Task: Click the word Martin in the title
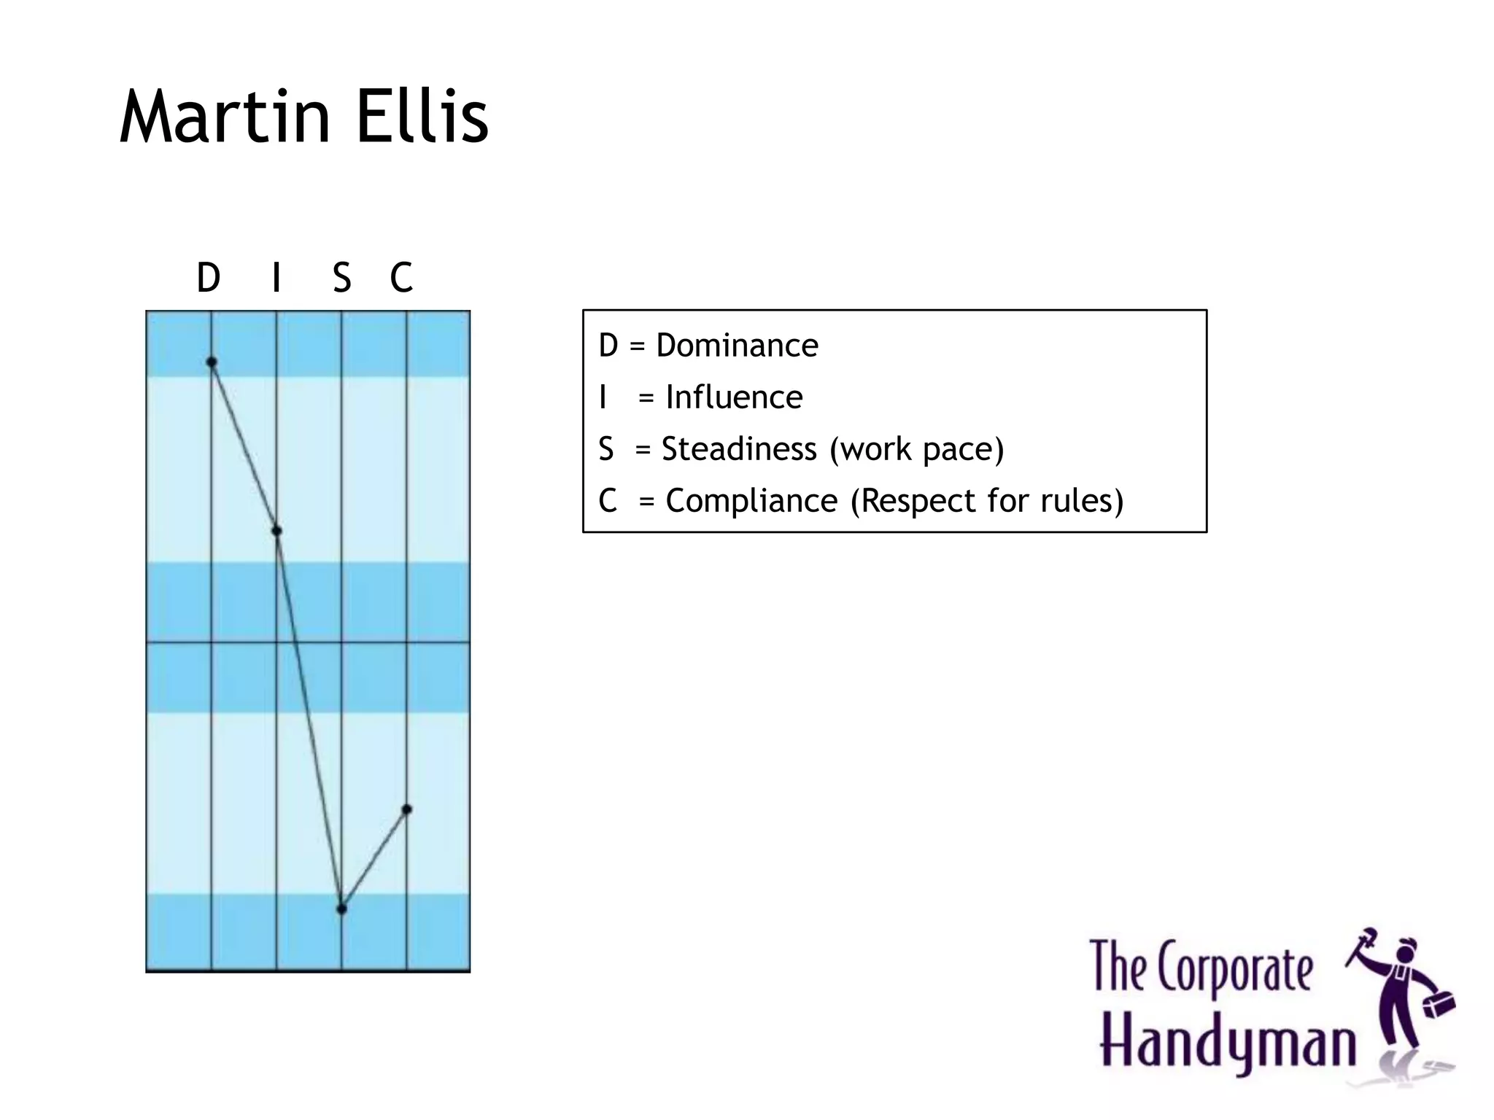(225, 116)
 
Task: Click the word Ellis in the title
(422, 116)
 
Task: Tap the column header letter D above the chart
(209, 277)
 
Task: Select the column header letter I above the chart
(276, 277)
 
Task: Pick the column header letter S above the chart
(341, 277)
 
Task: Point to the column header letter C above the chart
(401, 277)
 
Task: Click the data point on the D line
(212, 362)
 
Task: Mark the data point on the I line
(276, 531)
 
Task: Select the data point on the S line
(341, 909)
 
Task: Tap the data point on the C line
(407, 809)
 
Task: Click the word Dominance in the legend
(737, 345)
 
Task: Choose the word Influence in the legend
(734, 397)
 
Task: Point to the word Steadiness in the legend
(739, 449)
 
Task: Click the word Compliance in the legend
(751, 502)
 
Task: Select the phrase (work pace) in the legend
(917, 450)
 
